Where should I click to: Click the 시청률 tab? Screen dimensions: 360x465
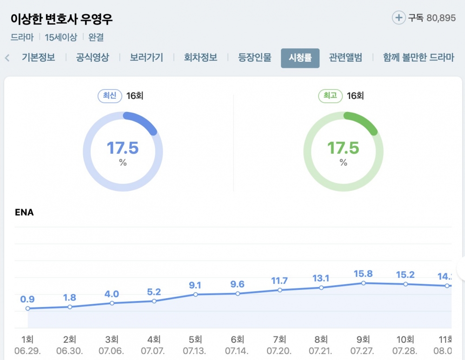click(300, 58)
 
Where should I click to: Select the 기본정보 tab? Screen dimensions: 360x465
click(38, 58)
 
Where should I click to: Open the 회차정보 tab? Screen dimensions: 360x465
click(200, 58)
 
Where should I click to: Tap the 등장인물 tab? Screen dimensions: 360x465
click(255, 58)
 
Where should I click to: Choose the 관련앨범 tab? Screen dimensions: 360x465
click(345, 58)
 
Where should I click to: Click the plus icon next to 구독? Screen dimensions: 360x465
click(399, 18)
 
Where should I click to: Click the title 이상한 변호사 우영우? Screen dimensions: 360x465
click(62, 19)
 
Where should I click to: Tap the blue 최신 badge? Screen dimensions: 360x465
click(109, 96)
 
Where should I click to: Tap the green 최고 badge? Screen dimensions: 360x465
click(330, 96)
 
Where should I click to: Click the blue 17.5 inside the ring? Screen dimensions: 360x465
click(123, 148)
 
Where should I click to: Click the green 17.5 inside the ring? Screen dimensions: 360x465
click(343, 148)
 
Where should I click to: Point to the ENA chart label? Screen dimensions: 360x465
click(24, 213)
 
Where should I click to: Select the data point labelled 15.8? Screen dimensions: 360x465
click(363, 282)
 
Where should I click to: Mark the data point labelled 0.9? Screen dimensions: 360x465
click(28, 308)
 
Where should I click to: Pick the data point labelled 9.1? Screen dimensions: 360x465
click(196, 295)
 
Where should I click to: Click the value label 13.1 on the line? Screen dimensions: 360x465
click(321, 278)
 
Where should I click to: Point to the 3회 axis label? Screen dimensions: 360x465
click(112, 340)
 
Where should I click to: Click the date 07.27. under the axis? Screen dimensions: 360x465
click(363, 351)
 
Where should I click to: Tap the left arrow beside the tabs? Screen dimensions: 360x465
click(7, 58)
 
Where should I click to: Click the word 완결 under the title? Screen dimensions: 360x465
click(96, 38)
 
